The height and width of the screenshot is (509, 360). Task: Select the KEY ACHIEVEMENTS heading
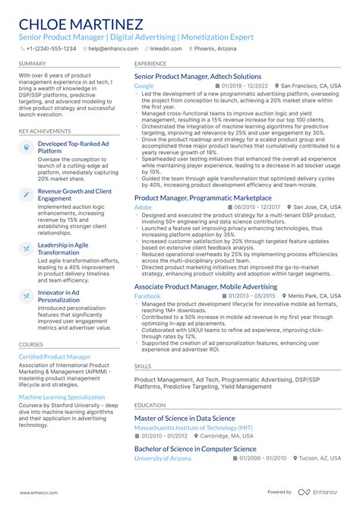click(x=45, y=131)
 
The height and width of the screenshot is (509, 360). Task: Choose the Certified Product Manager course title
click(x=54, y=356)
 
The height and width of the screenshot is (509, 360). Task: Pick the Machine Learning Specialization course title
click(x=62, y=397)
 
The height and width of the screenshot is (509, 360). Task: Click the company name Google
click(x=144, y=87)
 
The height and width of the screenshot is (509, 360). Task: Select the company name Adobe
click(x=143, y=207)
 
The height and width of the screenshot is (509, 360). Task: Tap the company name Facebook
click(x=147, y=296)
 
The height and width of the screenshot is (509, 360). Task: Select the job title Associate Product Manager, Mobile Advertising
click(x=205, y=286)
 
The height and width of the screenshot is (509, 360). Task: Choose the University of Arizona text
click(x=163, y=459)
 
